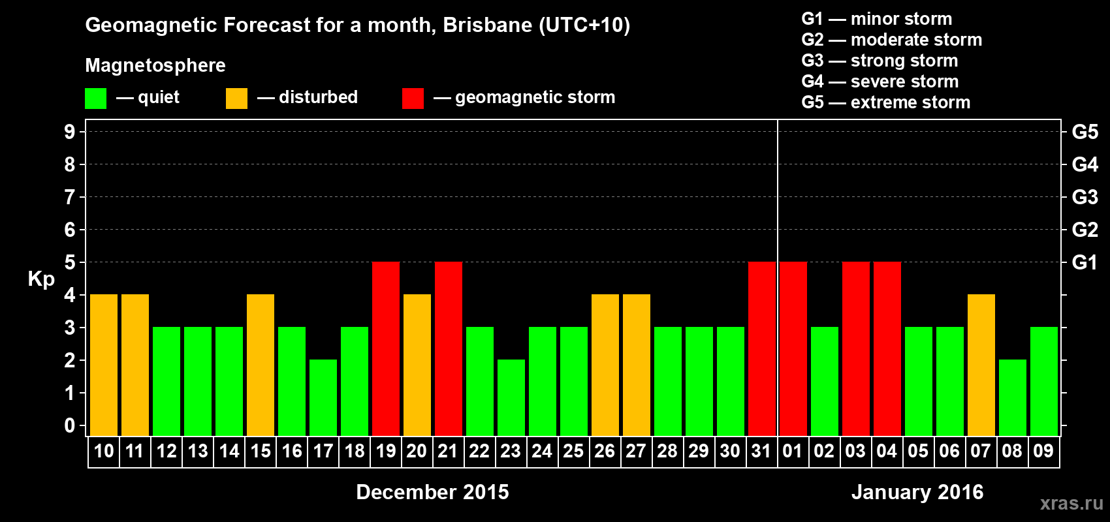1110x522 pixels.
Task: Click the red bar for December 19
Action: coord(386,348)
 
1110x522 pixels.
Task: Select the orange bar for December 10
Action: coord(104,365)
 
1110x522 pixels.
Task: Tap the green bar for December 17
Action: coord(323,397)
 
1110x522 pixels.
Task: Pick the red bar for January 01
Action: coord(793,348)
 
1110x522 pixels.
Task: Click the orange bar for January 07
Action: coord(981,365)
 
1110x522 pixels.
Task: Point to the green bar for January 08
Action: coord(1012,397)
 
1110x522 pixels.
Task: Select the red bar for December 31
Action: coord(761,348)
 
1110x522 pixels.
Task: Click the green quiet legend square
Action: coord(96,99)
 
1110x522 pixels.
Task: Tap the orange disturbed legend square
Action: coord(236,99)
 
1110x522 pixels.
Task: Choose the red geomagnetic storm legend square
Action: coord(413,99)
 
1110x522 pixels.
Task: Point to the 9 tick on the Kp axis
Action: coord(70,132)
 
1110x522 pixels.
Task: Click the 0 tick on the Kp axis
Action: coord(70,425)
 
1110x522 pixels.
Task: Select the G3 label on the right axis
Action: coord(1085,197)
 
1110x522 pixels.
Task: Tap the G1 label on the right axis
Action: coord(1085,262)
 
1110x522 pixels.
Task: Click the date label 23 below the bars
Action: coord(511,451)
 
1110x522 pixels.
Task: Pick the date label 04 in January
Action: coord(887,451)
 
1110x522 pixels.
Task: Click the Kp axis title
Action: coord(41,279)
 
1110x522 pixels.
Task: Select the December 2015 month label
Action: coord(432,492)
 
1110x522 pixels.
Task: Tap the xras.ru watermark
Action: coord(1071,503)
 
